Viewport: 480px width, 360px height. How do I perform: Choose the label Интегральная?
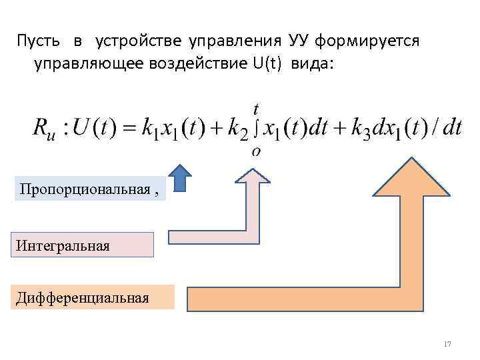63,246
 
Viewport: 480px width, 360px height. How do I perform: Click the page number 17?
447,344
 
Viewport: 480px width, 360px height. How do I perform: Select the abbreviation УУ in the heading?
300,42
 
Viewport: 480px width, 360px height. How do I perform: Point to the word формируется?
367,42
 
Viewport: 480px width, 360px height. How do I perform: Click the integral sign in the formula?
256,127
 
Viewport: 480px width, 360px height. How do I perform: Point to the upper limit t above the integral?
257,107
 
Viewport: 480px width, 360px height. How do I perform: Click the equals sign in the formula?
129,127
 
